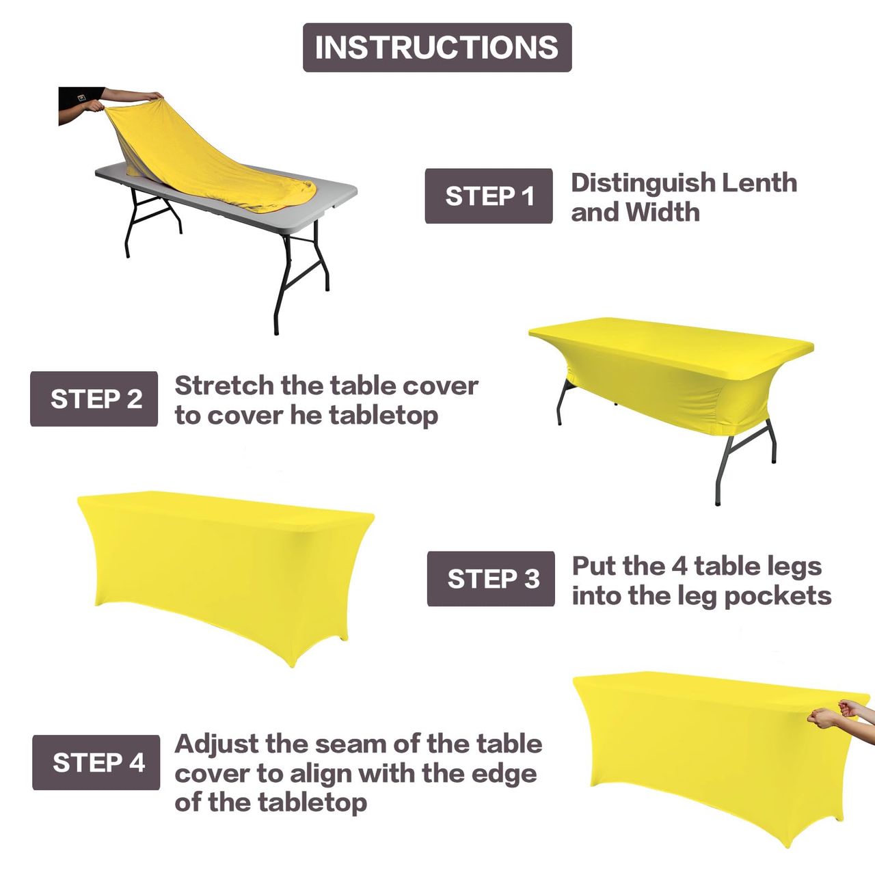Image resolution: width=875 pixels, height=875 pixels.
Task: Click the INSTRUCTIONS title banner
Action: (437, 47)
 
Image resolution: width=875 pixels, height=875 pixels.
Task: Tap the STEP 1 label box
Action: (489, 196)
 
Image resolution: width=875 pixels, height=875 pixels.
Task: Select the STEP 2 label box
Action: (94, 399)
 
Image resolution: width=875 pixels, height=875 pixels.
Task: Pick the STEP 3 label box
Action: (491, 578)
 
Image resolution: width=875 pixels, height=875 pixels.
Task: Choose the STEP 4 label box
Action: (96, 762)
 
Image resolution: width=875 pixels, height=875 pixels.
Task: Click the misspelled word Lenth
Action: (759, 183)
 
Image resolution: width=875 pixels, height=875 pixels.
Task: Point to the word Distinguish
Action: (643, 184)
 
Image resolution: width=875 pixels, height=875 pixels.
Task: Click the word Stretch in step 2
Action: (224, 386)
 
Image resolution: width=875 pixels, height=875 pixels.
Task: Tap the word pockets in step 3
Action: (778, 597)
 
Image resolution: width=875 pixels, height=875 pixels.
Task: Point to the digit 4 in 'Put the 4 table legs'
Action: (679, 566)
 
